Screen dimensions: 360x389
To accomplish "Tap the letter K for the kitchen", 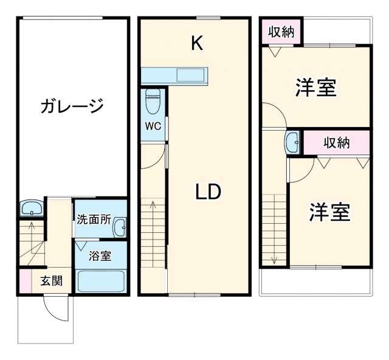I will (x=196, y=43).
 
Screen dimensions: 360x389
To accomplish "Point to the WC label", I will (x=152, y=126).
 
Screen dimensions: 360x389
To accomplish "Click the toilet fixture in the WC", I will (x=153, y=101).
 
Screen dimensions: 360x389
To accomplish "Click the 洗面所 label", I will (x=93, y=220).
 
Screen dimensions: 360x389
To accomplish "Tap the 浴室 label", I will (x=100, y=255).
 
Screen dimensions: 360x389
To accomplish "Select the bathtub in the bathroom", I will (x=101, y=282).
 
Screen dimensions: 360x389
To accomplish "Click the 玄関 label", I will (x=51, y=281).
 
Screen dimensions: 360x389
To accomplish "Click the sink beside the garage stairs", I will (x=30, y=209).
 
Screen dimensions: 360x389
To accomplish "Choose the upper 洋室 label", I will (x=316, y=88).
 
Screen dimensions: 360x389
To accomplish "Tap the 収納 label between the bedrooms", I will (x=336, y=143).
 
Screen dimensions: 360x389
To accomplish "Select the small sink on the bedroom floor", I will (x=292, y=143).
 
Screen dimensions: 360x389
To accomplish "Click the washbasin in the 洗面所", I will (x=120, y=226).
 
